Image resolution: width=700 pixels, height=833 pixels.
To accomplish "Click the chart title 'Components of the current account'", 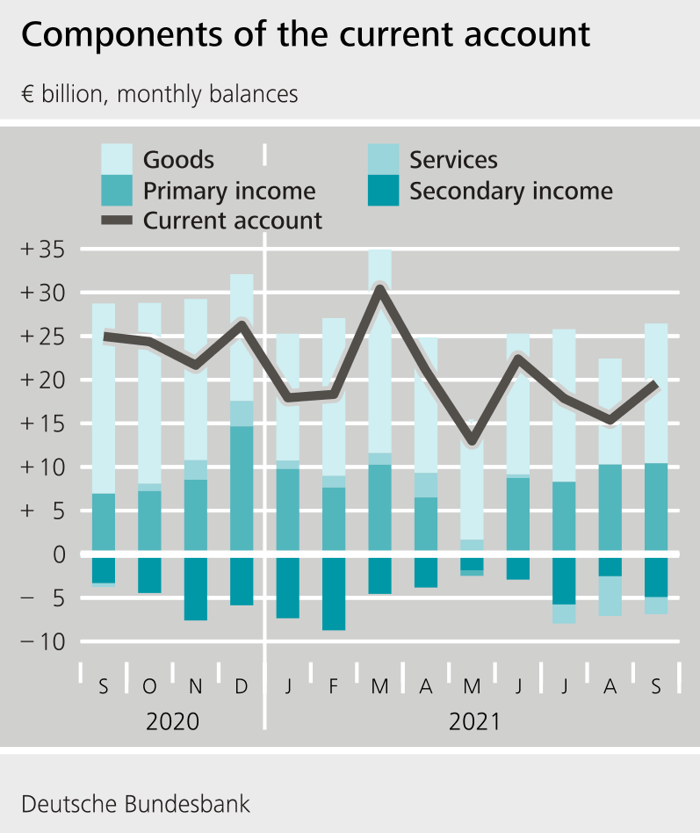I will (305, 35).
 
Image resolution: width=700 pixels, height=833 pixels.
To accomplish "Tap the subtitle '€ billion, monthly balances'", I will (159, 94).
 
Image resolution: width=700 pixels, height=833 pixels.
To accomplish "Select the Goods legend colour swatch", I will (118, 160).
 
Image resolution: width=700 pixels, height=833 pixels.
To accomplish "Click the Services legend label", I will (453, 160).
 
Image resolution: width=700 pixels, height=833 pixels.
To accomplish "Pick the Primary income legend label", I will (229, 191).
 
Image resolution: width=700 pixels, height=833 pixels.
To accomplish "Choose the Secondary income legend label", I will (511, 191).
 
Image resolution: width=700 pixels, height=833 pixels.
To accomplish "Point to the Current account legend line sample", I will (118, 220).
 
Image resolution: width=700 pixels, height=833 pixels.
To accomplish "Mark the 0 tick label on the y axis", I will (58, 554).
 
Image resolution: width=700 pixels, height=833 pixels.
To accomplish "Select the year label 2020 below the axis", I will (172, 722).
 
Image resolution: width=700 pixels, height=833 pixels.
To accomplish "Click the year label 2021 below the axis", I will (474, 722).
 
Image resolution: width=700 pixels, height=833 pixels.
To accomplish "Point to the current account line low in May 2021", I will (472, 439).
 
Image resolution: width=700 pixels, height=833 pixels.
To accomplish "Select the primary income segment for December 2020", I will (242, 488).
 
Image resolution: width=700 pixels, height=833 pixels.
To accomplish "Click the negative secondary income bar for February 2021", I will (334, 593).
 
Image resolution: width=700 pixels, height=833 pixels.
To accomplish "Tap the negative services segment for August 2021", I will (610, 596).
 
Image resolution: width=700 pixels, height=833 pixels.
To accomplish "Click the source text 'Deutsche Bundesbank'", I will (135, 803).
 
